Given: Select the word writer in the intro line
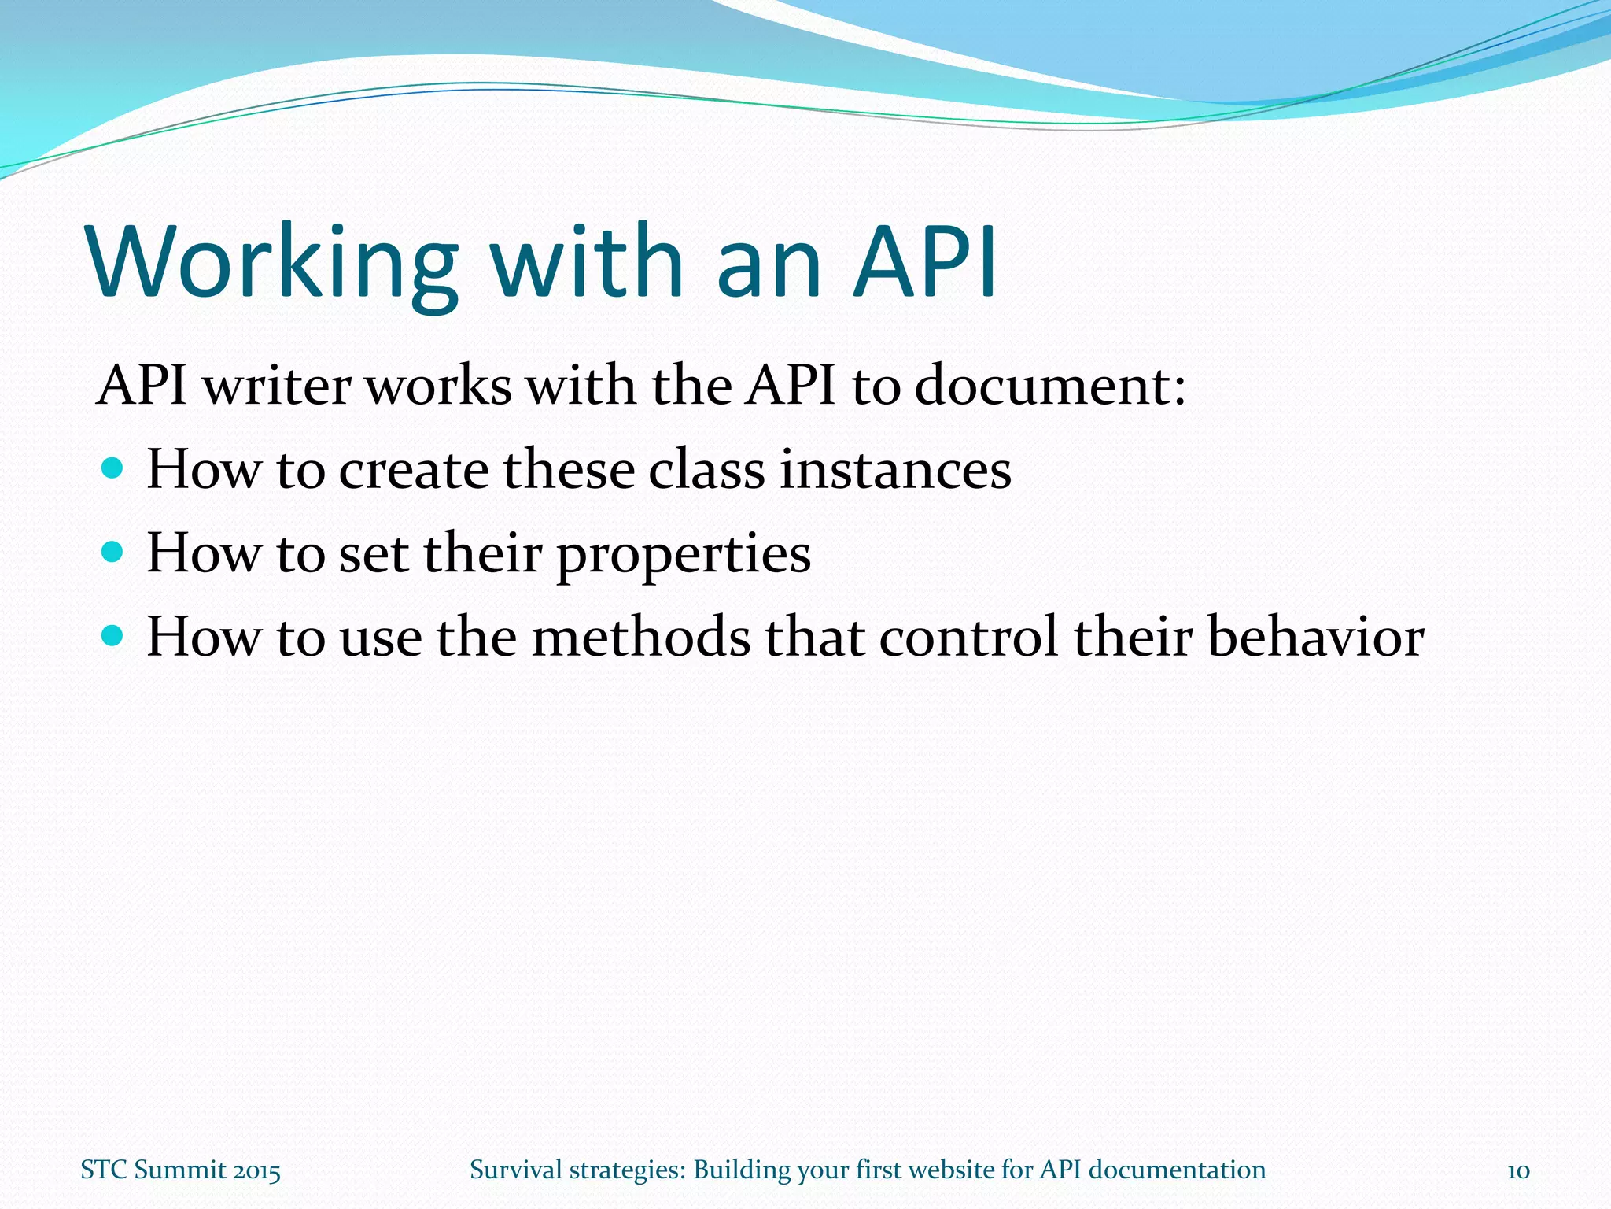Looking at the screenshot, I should (x=277, y=386).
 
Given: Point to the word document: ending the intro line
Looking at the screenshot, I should (x=1049, y=386).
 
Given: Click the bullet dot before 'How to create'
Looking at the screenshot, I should (x=113, y=469).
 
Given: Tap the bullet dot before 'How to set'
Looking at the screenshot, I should (x=113, y=553).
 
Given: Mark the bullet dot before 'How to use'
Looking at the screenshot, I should (x=113, y=636).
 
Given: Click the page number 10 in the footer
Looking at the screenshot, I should (x=1517, y=1170).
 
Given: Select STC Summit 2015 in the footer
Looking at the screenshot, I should (x=180, y=1170).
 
